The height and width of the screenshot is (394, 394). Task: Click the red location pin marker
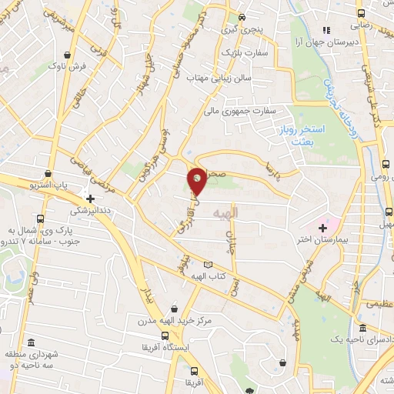198,180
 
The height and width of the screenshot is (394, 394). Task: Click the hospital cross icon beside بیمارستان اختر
322,228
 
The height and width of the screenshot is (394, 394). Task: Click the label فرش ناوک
89,67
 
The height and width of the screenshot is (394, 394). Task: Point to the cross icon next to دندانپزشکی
90,198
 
